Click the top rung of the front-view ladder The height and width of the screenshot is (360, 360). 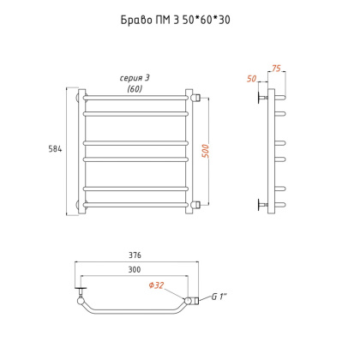(135, 97)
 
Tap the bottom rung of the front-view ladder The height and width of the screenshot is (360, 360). (135, 204)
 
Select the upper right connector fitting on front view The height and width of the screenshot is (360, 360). (197, 97)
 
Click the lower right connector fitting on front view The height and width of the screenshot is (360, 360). (197, 204)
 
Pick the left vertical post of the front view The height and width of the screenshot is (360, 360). (81, 149)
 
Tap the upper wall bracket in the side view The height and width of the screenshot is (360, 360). (261, 97)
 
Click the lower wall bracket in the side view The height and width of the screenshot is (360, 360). (261, 204)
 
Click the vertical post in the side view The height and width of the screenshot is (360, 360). (272, 150)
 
